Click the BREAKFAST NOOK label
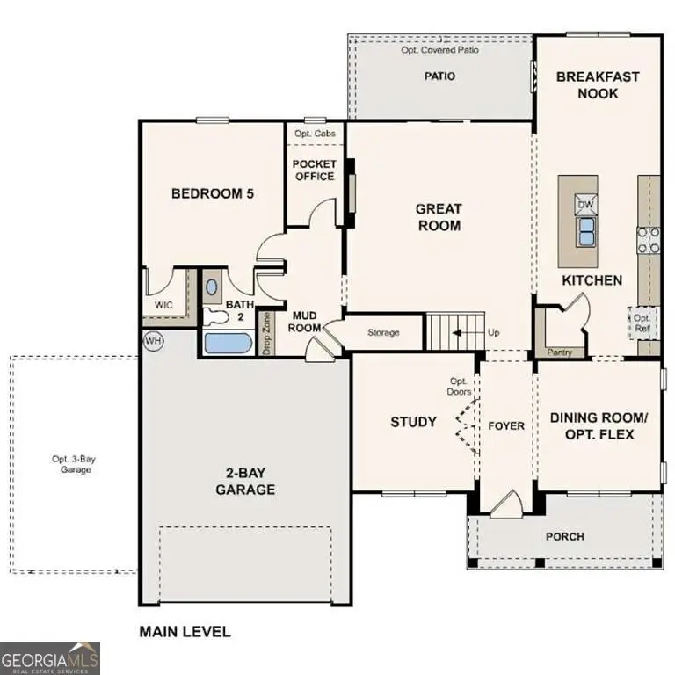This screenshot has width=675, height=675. point(598,85)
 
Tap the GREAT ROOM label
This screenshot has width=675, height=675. point(438,217)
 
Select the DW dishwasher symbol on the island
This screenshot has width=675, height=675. point(585,205)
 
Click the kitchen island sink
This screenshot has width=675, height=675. point(585,231)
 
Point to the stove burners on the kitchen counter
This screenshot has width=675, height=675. point(649,240)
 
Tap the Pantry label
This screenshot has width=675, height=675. point(559,352)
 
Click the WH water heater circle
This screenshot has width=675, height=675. point(153,340)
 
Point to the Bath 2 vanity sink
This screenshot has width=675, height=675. point(213,287)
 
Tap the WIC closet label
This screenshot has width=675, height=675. point(163,305)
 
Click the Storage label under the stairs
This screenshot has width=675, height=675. point(383,333)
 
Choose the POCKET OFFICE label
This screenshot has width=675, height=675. point(314,170)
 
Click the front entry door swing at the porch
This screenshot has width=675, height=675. point(506,504)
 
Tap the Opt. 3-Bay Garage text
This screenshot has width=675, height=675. point(71,464)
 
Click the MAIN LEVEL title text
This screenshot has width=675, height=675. point(185,631)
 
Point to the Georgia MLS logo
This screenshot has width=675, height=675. point(50,657)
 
